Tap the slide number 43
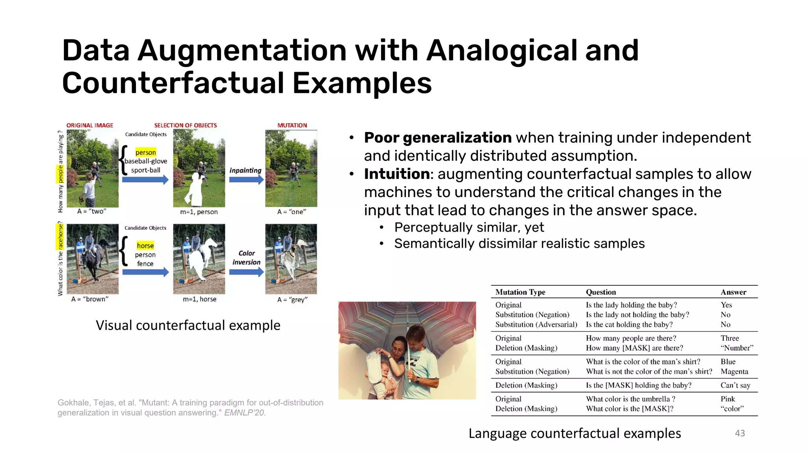[x=740, y=433]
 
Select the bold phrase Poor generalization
[x=437, y=138]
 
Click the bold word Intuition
[x=396, y=174]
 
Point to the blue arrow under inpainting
[x=246, y=180]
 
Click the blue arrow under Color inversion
[x=246, y=272]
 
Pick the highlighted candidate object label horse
[x=145, y=246]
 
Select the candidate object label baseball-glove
[x=146, y=161]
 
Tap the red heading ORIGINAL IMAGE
[x=90, y=125]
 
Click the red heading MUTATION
[x=292, y=125]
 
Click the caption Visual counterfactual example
[x=188, y=325]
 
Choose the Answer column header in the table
[x=733, y=292]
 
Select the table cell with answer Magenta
[x=734, y=371]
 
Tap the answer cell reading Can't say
[x=735, y=385]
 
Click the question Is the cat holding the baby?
[x=629, y=324]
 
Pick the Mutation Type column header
[x=520, y=292]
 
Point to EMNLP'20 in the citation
[x=245, y=413]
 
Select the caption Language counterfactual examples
[x=575, y=433]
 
